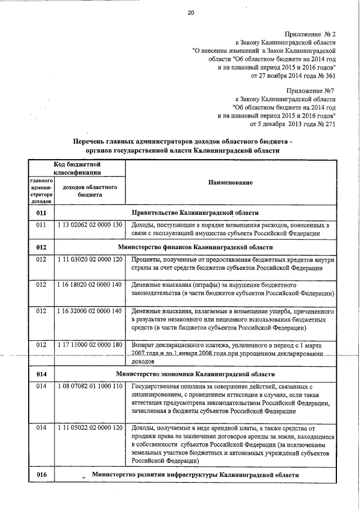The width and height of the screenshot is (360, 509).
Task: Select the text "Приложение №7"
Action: coord(311,91)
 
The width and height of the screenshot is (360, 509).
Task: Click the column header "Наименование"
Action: coord(230,183)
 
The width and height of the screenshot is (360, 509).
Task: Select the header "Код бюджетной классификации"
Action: coord(77,167)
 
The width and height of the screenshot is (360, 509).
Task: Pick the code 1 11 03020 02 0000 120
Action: coord(90,260)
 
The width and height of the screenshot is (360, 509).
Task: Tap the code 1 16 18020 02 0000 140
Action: coord(90,285)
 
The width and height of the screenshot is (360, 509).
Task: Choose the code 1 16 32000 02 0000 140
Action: coord(90,310)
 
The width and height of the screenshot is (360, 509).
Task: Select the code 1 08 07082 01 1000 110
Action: coord(90,387)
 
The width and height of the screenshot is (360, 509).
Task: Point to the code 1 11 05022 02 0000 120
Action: coord(90,429)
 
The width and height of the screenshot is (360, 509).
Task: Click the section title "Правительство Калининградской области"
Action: coord(195,213)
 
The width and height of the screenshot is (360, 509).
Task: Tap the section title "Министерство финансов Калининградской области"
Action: coord(195,247)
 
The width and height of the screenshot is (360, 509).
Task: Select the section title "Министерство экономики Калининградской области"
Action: coord(195,374)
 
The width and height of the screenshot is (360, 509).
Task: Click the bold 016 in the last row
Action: coord(40,475)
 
